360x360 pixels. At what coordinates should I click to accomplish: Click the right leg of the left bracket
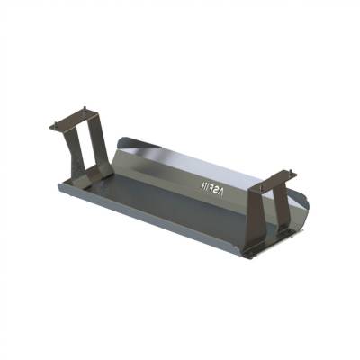click(x=99, y=144)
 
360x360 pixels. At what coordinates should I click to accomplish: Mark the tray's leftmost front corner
click(x=58, y=185)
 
